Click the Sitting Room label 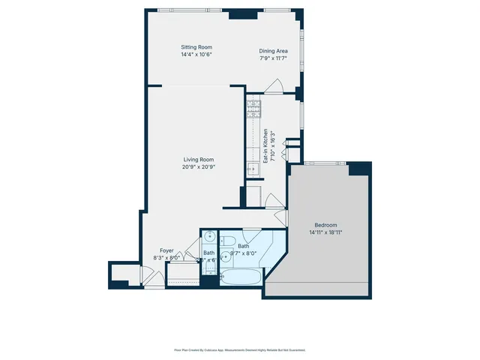click(x=177, y=47)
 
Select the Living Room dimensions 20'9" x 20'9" click(x=198, y=167)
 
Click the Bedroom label click(x=325, y=225)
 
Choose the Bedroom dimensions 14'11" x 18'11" click(x=325, y=232)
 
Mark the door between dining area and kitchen click(x=275, y=88)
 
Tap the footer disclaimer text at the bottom click(x=240, y=349)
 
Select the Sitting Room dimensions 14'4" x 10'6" click(x=177, y=55)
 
